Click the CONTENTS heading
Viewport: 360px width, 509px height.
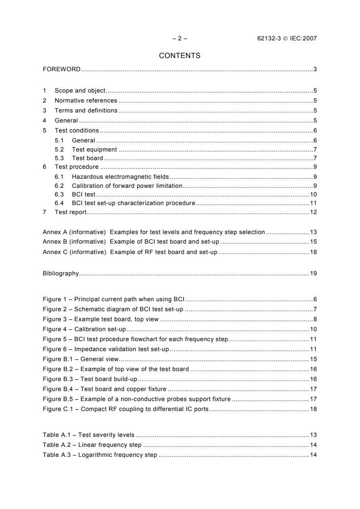click(180, 56)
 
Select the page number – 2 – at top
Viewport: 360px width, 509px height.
click(180, 39)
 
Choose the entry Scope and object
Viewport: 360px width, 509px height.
click(80, 91)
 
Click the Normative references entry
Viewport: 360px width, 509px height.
click(86, 101)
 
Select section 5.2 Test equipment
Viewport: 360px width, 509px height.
click(94, 149)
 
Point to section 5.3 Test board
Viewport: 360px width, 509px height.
click(88, 158)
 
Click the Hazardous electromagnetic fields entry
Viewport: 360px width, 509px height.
click(120, 176)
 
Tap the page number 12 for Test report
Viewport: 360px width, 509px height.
click(313, 212)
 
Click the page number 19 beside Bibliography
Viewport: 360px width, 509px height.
click(313, 274)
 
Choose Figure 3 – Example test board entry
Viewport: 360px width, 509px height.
click(101, 319)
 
